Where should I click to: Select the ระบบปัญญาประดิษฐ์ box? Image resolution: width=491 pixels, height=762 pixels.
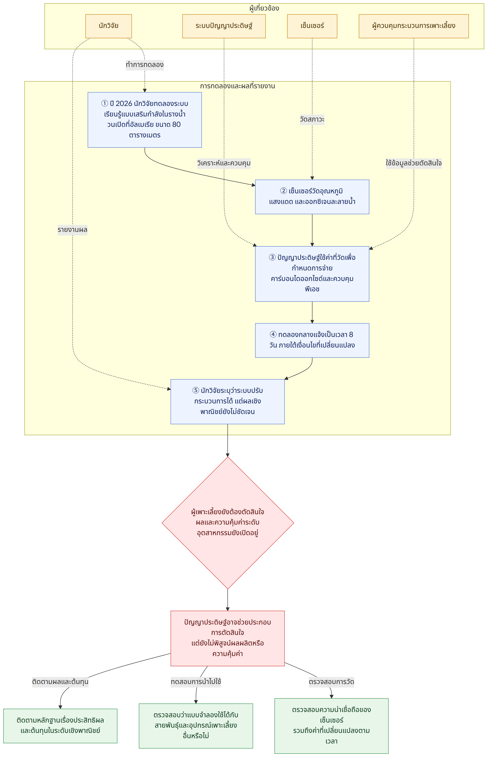[224, 26]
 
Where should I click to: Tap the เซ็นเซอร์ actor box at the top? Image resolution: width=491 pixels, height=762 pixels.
[312, 26]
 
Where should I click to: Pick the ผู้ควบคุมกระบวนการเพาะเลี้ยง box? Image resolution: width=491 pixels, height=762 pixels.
[413, 26]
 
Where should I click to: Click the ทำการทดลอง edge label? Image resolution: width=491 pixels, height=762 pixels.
[145, 65]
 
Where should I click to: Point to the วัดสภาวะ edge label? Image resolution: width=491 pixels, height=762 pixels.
[312, 120]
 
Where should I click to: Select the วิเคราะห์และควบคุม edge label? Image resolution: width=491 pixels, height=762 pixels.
[224, 163]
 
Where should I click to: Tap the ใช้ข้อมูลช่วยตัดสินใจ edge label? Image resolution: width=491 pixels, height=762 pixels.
[413, 163]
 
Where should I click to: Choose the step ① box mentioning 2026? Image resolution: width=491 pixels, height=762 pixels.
[145, 120]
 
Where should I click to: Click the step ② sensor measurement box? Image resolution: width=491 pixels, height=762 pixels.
[312, 197]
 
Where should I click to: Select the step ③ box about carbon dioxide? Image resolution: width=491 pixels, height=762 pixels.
[312, 274]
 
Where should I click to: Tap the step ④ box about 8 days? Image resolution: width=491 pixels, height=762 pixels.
[312, 340]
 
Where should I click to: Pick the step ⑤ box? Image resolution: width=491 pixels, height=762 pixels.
[228, 402]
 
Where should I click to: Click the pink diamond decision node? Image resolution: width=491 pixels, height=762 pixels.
[228, 523]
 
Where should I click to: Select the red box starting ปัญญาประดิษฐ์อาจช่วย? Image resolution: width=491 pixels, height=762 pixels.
[228, 638]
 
